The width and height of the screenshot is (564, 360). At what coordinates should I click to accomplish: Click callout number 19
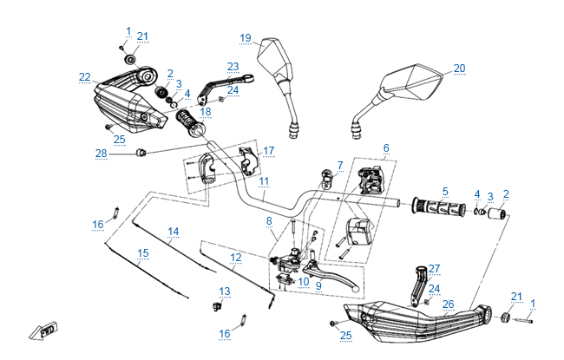(246, 38)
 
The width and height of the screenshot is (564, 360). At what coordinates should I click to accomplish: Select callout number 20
(460, 68)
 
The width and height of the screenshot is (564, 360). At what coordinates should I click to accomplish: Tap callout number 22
(84, 77)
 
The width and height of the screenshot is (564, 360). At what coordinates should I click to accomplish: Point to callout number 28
(102, 154)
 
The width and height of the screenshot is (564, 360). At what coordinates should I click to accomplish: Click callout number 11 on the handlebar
(264, 180)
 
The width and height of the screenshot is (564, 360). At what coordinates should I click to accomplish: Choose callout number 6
(386, 148)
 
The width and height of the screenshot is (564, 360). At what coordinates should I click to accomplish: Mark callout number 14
(174, 232)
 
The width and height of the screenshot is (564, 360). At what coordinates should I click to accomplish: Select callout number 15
(143, 252)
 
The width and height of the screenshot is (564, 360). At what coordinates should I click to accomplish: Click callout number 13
(225, 291)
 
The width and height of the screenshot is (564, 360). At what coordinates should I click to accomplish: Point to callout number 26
(449, 304)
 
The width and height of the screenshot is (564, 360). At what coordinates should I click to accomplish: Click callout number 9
(318, 285)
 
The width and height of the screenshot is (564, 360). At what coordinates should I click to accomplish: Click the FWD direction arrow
(41, 331)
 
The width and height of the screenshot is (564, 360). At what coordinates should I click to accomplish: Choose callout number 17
(269, 151)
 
